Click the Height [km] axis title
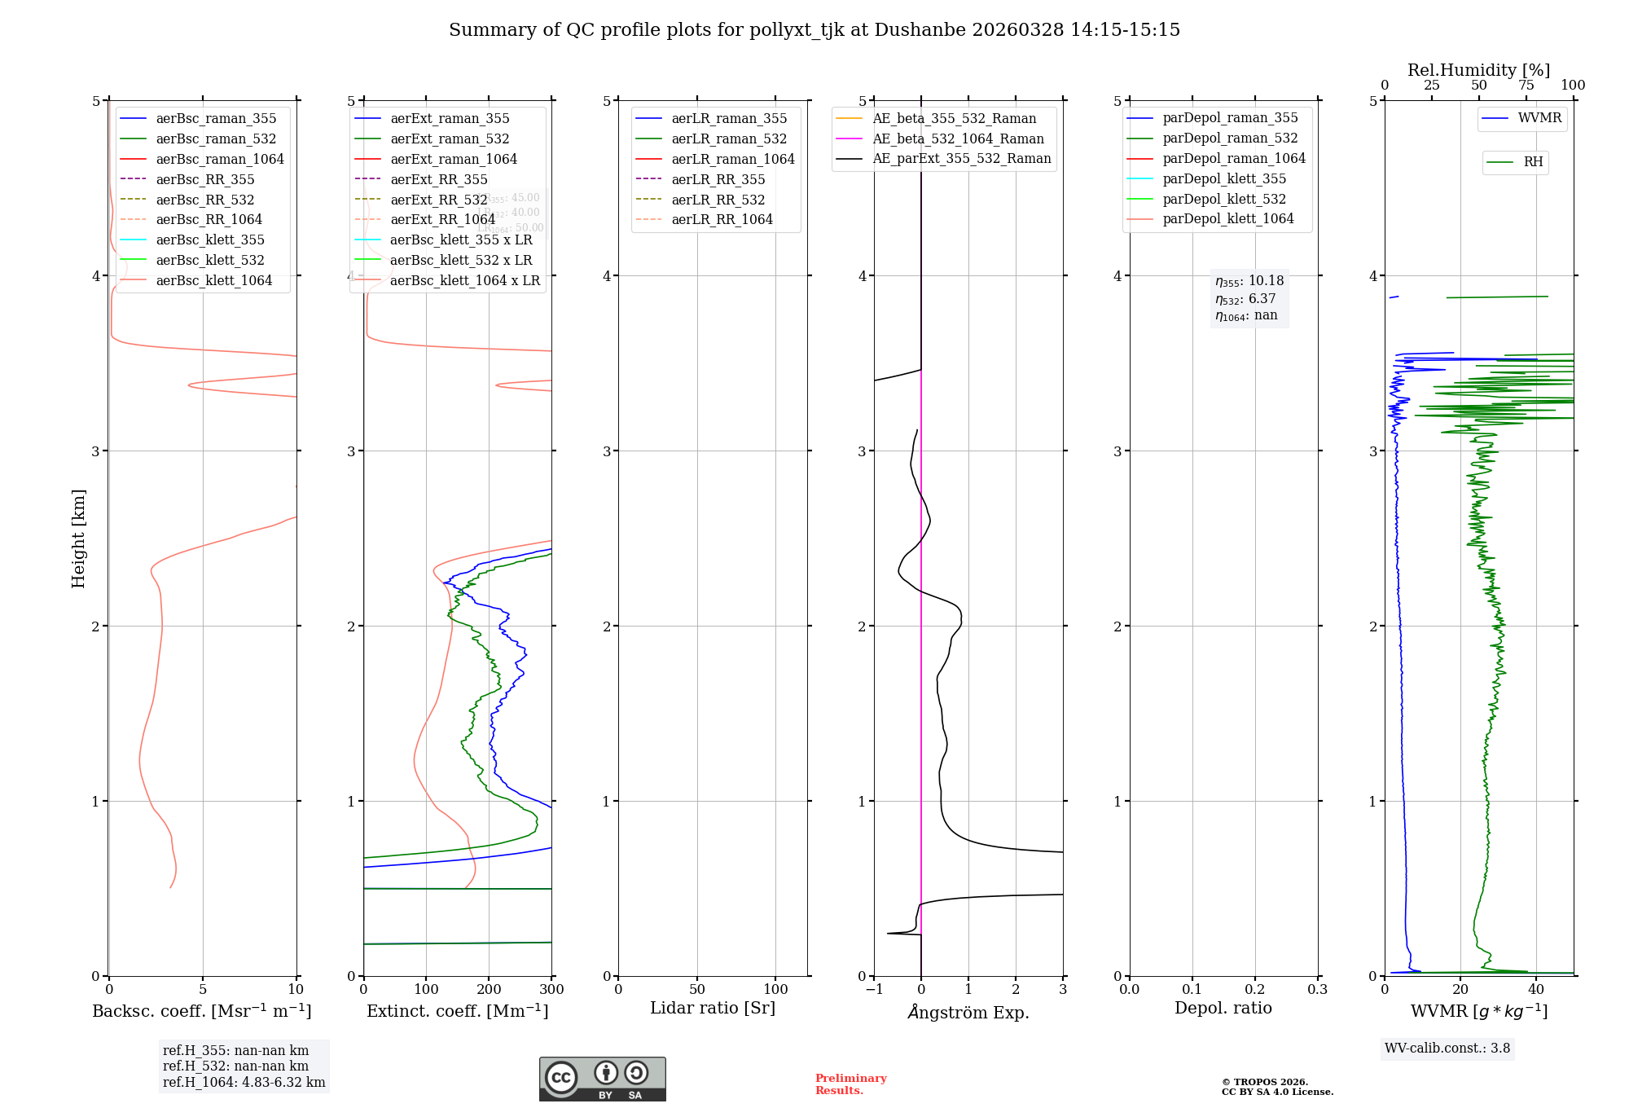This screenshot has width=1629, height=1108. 78,539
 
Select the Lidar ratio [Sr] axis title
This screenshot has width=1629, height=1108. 713,1008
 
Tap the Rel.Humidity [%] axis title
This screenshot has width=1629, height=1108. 1478,70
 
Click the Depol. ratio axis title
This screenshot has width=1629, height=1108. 1223,1008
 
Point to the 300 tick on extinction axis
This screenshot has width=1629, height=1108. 551,990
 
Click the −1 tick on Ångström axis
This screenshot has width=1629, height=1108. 874,990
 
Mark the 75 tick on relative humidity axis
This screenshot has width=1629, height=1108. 1526,86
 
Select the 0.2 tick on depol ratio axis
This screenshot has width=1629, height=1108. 1255,990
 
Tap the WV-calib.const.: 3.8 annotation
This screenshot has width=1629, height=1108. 1447,1049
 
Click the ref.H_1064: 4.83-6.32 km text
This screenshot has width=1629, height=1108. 244,1083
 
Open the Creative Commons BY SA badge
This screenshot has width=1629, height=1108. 602,1079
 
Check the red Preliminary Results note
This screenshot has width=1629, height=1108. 850,1084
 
